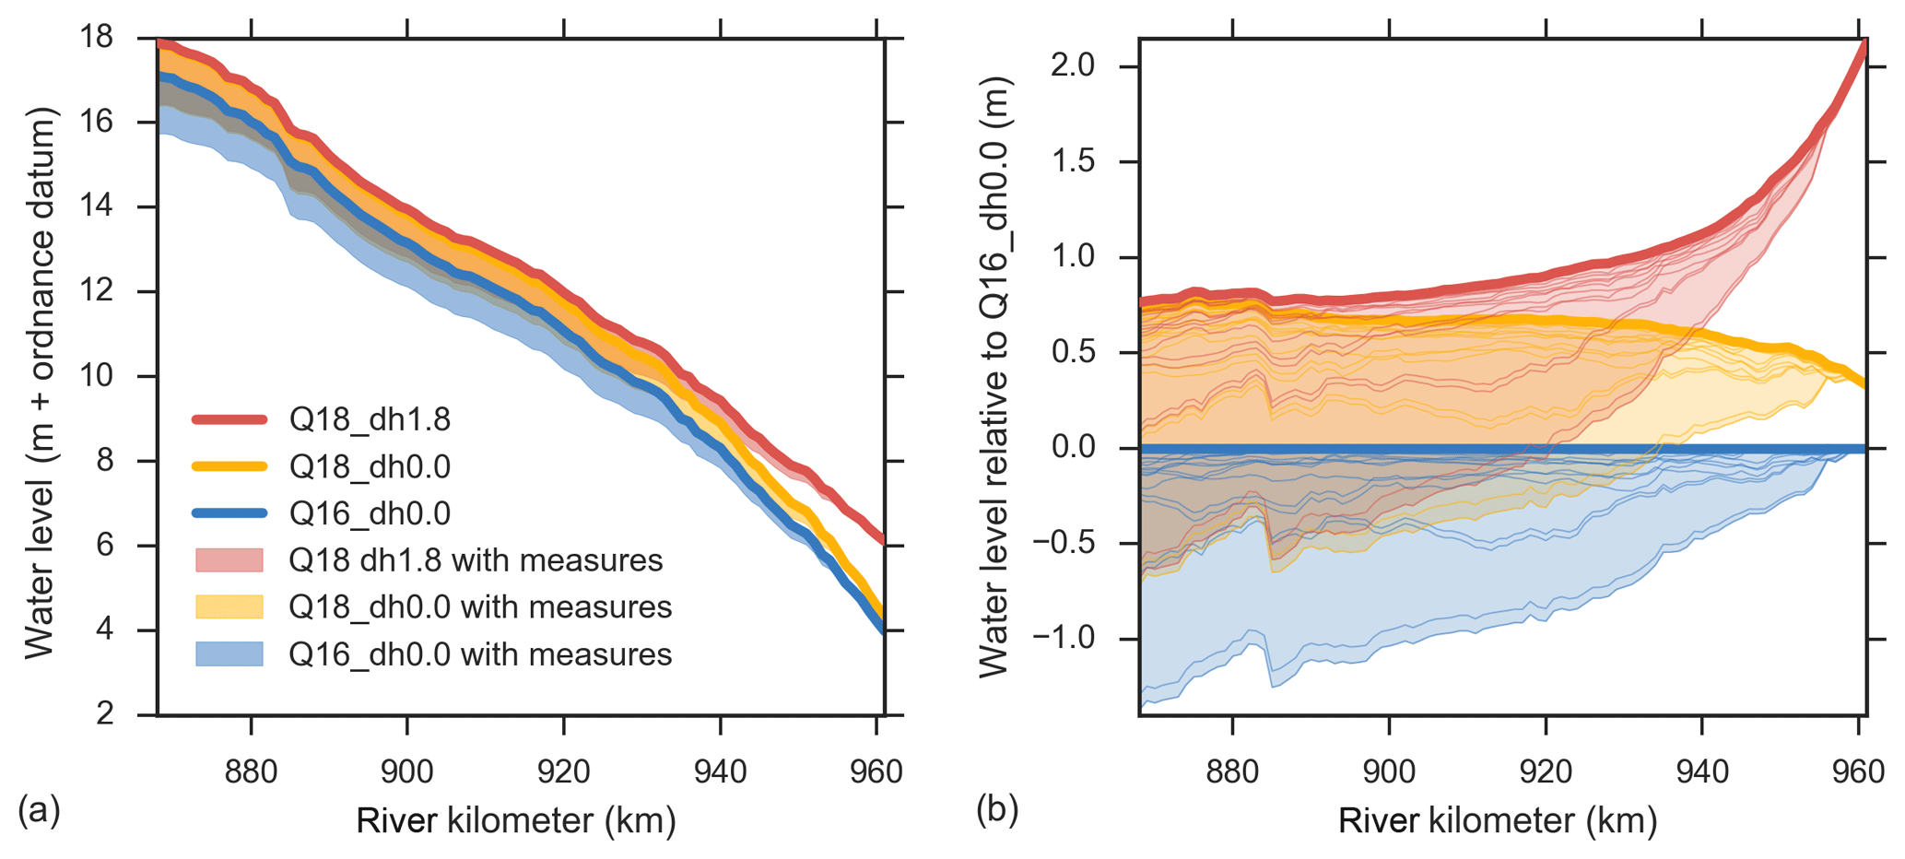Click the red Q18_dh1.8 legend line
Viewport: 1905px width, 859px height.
(229, 420)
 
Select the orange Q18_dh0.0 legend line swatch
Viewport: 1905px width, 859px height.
(229, 467)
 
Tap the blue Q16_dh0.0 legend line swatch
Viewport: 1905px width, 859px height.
(229, 513)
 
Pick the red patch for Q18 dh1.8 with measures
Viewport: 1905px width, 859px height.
(229, 560)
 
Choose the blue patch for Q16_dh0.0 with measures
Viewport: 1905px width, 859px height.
(229, 654)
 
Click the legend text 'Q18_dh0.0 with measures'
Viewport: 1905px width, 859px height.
(480, 607)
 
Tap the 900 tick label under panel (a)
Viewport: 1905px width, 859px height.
(407, 771)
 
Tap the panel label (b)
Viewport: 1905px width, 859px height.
(997, 810)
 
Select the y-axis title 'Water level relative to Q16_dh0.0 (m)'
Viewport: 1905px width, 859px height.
(994, 376)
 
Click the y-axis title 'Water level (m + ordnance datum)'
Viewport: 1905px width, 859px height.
(41, 382)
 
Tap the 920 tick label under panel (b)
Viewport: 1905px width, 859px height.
(1546, 771)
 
